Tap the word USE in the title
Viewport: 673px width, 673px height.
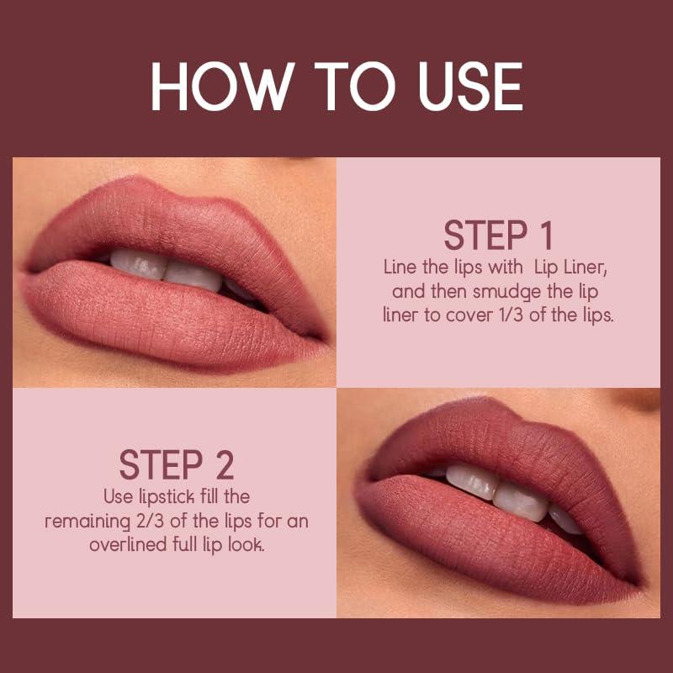(x=458, y=87)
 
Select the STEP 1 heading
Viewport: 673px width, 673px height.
(x=499, y=236)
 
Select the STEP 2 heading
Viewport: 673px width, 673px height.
(x=176, y=465)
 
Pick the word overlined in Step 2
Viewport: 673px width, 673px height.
(x=125, y=545)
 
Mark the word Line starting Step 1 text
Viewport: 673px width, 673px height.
(x=401, y=268)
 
